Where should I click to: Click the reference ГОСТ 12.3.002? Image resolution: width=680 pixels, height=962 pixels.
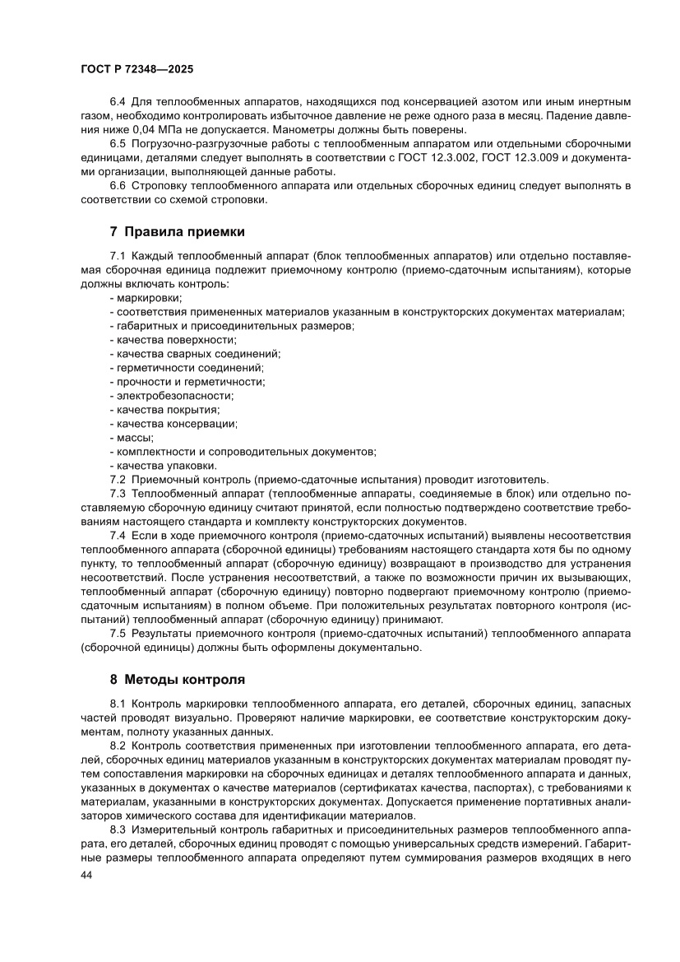[454, 158]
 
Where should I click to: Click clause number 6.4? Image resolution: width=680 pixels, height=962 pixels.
[118, 101]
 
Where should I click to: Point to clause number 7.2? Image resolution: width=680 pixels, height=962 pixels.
[118, 479]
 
